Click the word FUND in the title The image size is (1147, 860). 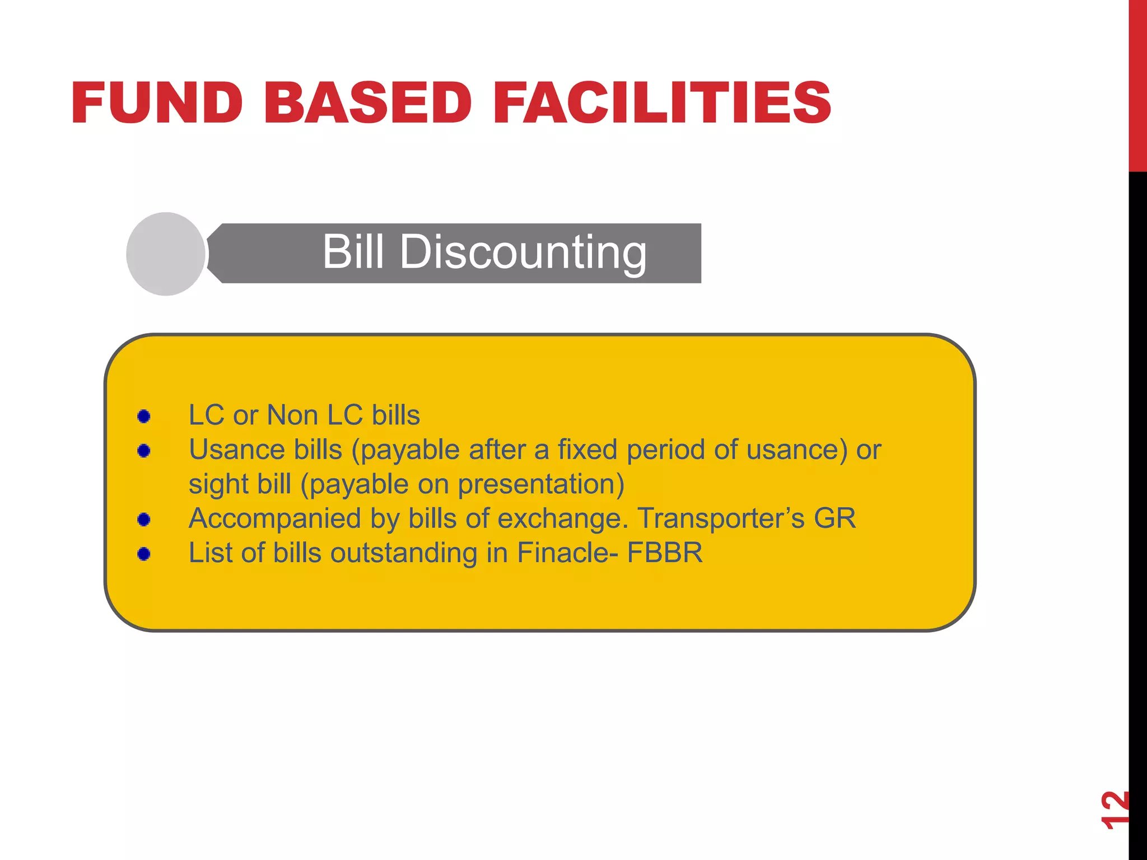coord(157,103)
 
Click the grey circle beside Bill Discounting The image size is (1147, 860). coord(166,254)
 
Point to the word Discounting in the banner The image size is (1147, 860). coord(523,253)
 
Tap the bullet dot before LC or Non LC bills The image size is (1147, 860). coord(144,417)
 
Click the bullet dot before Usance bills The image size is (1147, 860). coord(144,451)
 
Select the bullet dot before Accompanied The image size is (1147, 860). coord(144,520)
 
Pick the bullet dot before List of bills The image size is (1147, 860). coord(144,554)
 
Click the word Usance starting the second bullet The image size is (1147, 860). coord(237,450)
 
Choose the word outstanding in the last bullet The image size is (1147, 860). coord(403,553)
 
